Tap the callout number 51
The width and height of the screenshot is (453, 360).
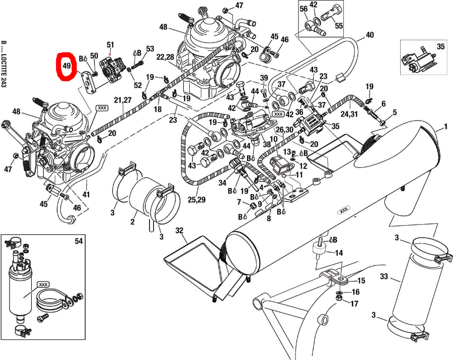point(110,45)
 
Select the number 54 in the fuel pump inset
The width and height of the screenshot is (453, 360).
point(78,242)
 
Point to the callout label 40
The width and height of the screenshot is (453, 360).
point(370,35)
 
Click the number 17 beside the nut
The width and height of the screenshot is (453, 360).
point(354,304)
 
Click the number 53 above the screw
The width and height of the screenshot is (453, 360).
point(150,49)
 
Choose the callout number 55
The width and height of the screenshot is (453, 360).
point(339,25)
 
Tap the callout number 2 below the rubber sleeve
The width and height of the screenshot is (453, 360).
point(133,222)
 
